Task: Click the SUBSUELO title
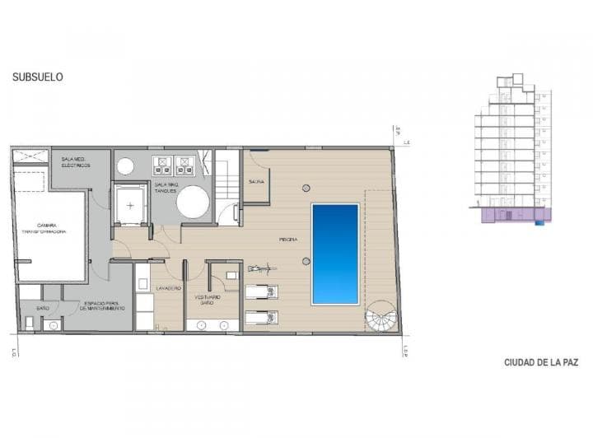[38, 77]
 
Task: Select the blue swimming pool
[335, 254]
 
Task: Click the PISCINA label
[287, 240]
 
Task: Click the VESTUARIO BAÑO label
[207, 300]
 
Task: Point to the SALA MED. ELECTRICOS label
[75, 162]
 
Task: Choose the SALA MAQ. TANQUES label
[166, 187]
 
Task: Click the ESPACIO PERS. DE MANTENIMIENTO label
[103, 306]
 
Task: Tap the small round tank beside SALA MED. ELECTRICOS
[125, 167]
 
